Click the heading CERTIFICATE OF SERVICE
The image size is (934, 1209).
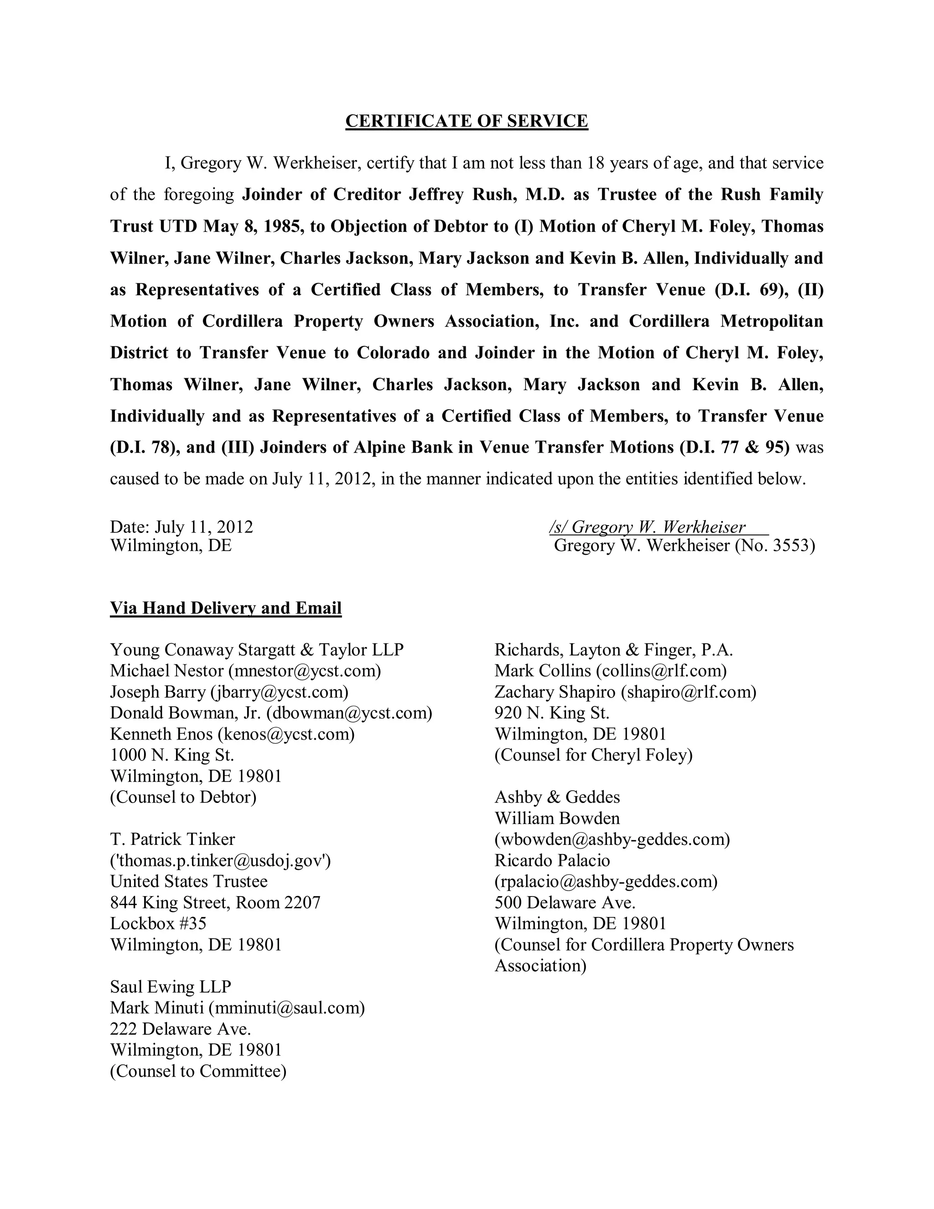[467, 121]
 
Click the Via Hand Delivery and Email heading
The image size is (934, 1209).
[226, 608]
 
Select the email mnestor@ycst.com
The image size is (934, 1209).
[304, 671]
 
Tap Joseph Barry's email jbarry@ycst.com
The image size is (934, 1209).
[280, 692]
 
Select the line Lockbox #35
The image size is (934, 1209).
[158, 923]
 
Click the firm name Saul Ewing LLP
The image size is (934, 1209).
[171, 986]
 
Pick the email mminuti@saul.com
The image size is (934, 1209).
[286, 1007]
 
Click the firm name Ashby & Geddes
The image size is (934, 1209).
[557, 797]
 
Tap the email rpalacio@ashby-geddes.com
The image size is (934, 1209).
[606, 881]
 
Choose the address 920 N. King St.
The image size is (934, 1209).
[552, 713]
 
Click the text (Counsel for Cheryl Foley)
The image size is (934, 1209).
[593, 755]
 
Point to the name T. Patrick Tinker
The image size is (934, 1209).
[173, 839]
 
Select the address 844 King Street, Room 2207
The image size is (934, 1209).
[215, 902]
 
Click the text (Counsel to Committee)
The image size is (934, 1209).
[198, 1071]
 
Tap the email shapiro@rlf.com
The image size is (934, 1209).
[688, 692]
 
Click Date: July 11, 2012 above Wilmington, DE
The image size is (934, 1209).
[182, 526]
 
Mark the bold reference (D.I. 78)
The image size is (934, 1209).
[142, 447]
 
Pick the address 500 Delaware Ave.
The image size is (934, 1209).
[565, 902]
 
